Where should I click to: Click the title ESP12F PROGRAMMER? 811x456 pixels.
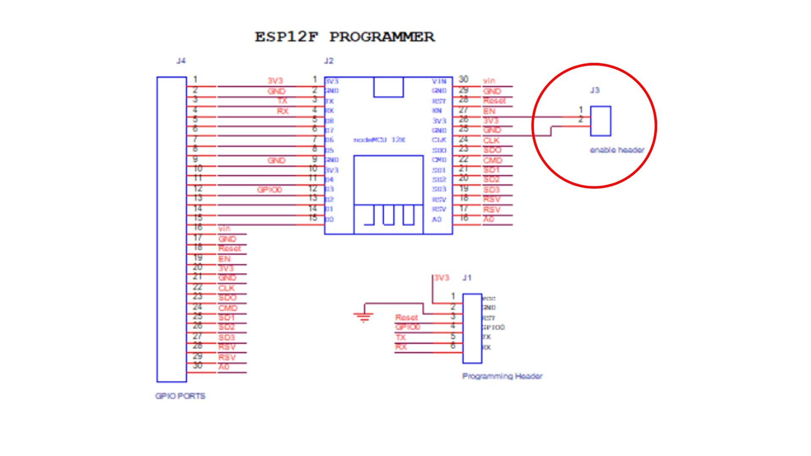[344, 37]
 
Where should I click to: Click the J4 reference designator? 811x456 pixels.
[181, 61]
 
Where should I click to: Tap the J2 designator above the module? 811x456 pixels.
[329, 61]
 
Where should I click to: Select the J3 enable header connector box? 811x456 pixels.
[600, 121]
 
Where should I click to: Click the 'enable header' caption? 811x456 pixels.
[617, 150]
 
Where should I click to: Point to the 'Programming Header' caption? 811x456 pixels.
[502, 376]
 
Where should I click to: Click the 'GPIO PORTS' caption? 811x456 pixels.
[180, 396]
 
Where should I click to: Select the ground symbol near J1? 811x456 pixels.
[363, 316]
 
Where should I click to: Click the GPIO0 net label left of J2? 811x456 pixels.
[269, 190]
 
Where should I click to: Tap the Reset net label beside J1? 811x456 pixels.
[406, 318]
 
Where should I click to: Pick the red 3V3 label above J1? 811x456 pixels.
[441, 278]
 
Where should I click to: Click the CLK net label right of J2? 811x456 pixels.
[491, 141]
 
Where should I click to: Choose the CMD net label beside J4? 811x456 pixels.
[228, 308]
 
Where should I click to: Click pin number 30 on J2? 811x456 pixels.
[463, 79]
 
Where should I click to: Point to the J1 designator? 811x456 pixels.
[467, 278]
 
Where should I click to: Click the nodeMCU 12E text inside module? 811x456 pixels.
[379, 140]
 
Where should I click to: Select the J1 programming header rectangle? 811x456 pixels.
[472, 328]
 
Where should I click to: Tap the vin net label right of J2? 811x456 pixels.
[489, 81]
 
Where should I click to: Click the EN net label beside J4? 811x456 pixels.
[224, 259]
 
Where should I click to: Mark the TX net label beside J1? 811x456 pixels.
[400, 337]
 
